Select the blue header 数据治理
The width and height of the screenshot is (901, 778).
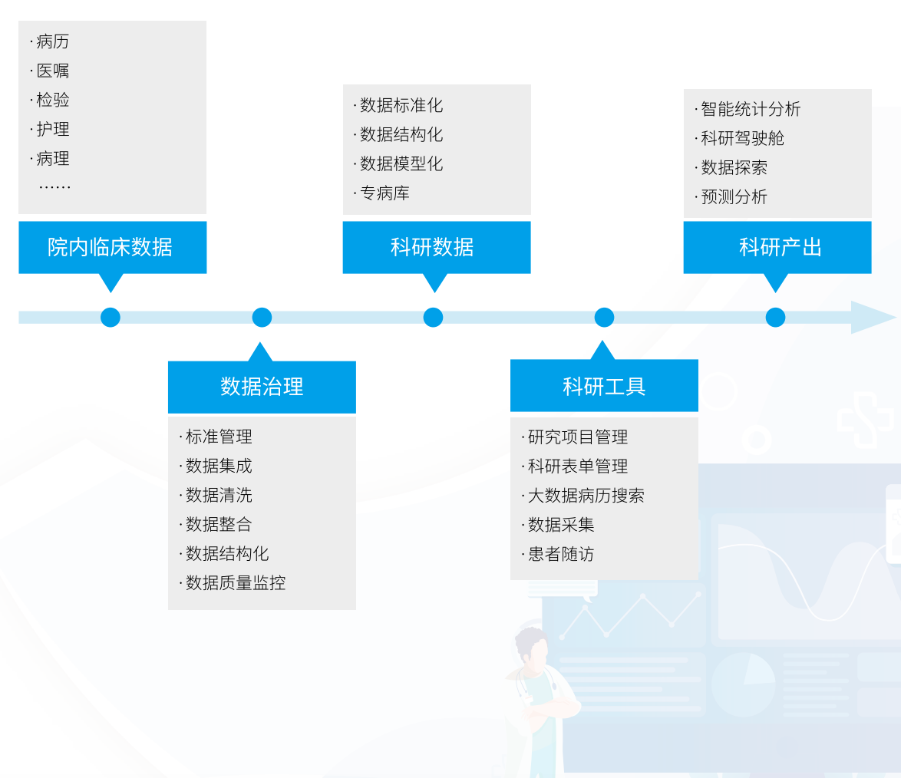[x=262, y=387]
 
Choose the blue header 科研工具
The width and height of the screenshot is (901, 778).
[x=604, y=386]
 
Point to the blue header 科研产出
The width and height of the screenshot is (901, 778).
[x=777, y=247]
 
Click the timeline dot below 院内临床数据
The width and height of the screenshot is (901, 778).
[x=111, y=317]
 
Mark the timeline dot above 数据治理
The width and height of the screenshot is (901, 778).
[x=262, y=317]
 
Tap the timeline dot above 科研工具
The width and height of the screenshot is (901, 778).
[x=604, y=317]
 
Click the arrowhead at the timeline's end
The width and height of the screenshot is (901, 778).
[x=873, y=317]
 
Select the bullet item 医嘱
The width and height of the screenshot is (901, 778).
[x=52, y=71]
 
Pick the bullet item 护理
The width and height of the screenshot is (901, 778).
[x=52, y=129]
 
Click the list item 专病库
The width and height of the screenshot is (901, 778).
[x=384, y=193]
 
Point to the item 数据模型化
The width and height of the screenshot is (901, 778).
[x=401, y=164]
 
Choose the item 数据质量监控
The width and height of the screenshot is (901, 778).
[x=235, y=583]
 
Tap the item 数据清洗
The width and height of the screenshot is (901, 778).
[x=219, y=496]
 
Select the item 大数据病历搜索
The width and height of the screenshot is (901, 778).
[x=586, y=496]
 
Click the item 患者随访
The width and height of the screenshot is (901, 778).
[x=560, y=554]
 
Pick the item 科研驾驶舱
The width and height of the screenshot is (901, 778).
[x=742, y=139]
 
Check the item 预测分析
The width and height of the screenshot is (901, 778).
[x=734, y=197]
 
